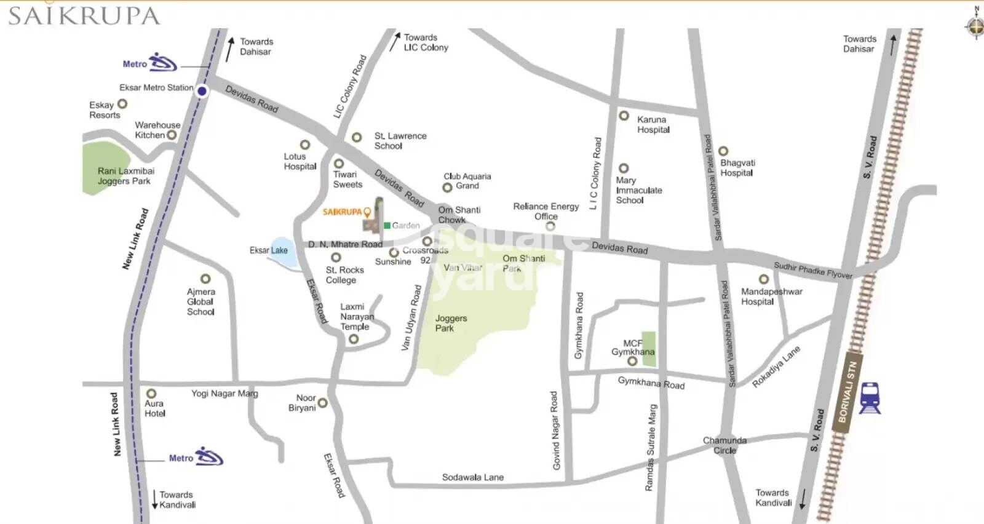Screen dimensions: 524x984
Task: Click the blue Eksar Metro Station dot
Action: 202,91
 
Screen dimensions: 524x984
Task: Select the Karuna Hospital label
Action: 653,124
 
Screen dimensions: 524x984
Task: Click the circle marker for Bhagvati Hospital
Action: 723,151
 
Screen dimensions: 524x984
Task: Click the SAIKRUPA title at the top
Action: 84,16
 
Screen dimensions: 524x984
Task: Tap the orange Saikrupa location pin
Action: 367,212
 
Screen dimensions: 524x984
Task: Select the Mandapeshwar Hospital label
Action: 771,296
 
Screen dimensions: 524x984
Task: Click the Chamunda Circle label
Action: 724,445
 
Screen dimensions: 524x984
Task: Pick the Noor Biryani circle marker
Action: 322,403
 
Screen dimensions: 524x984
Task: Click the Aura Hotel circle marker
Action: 151,393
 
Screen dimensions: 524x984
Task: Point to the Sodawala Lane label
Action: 472,477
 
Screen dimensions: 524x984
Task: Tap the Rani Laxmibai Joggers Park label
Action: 125,176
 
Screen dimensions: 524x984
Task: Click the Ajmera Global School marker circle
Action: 205,279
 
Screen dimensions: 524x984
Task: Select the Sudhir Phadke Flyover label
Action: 812,270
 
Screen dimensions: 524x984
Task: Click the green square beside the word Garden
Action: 387,225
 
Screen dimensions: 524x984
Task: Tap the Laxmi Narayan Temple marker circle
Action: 354,339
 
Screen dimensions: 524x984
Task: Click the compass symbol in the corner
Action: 975,26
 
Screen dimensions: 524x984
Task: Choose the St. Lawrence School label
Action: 400,141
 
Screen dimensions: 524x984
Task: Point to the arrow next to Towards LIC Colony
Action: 395,42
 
